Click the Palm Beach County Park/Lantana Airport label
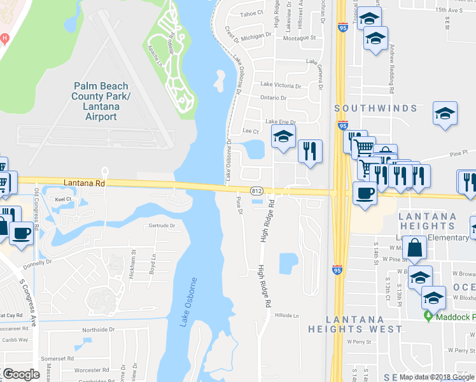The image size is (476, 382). click(101, 101)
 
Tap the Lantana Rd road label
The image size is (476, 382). click(83, 183)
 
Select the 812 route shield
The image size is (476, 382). click(257, 190)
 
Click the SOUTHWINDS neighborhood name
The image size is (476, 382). click(376, 109)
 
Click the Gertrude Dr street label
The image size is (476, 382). click(162, 225)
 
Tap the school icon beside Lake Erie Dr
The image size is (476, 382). click(284, 136)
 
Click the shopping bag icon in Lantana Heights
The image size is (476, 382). click(414, 248)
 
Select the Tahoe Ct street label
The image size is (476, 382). click(251, 13)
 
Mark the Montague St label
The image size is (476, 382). click(299, 38)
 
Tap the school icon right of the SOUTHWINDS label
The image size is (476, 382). click(445, 113)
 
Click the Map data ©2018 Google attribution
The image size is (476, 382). click(435, 376)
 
